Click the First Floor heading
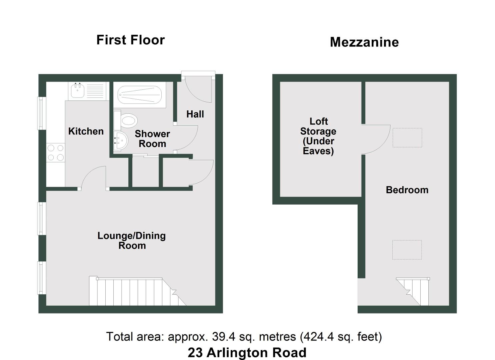click(x=130, y=40)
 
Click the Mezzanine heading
click(x=364, y=42)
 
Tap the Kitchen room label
click(x=86, y=131)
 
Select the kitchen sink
click(x=78, y=90)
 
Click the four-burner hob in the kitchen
click(x=56, y=152)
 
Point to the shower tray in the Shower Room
click(x=140, y=95)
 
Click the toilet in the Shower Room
click(x=128, y=120)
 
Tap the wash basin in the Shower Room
click(x=120, y=141)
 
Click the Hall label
click(x=195, y=114)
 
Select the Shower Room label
click(x=152, y=139)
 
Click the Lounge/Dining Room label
click(x=132, y=241)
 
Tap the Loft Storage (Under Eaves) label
click(x=318, y=136)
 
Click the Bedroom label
click(x=407, y=190)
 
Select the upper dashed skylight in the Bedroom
click(x=407, y=137)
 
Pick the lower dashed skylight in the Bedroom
click(x=407, y=250)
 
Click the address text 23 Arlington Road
click(x=247, y=353)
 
